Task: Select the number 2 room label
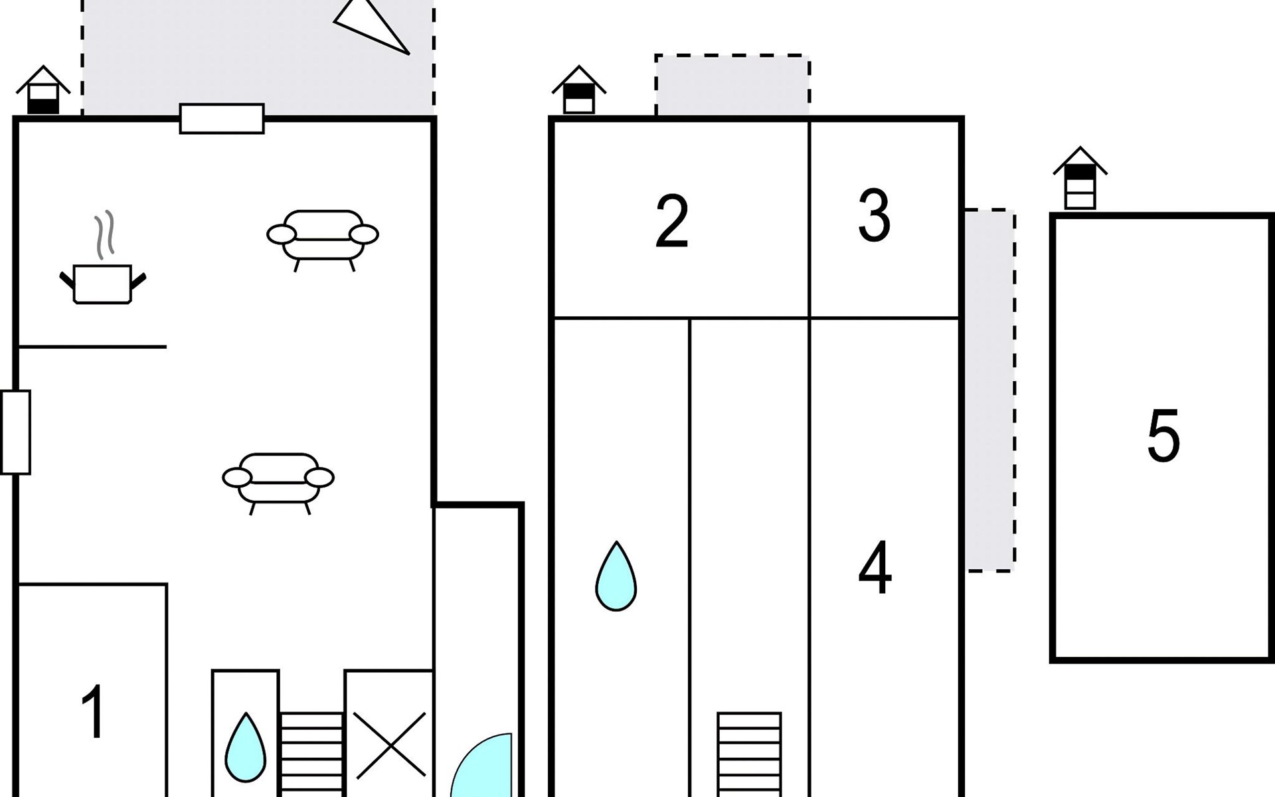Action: [x=671, y=222]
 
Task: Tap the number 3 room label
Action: [x=874, y=215]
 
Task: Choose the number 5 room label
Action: [x=1163, y=436]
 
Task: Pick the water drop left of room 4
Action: [x=616, y=576]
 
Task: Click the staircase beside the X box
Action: [x=311, y=754]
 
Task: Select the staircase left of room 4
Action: [x=749, y=754]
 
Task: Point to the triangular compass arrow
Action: [x=372, y=25]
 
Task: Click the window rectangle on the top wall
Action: [x=222, y=119]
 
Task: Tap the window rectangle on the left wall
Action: [x=16, y=432]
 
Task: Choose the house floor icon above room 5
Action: [x=1080, y=179]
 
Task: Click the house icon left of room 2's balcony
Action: [x=578, y=90]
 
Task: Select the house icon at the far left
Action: [x=43, y=90]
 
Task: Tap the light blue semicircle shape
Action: [x=481, y=765]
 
